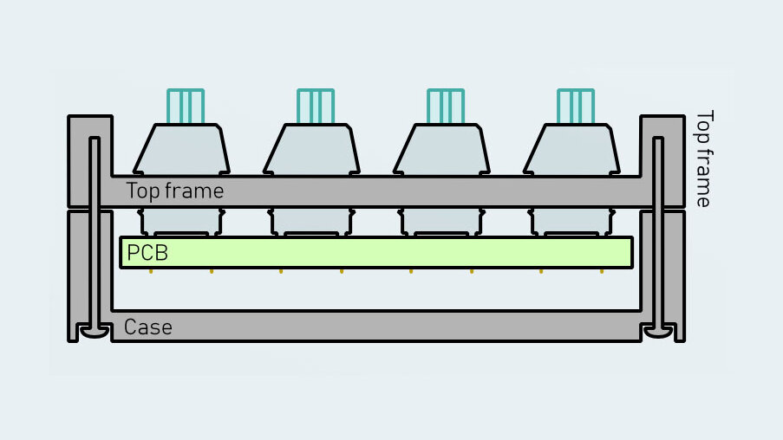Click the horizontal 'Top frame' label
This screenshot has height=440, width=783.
click(174, 191)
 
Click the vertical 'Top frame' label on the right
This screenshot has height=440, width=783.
click(704, 159)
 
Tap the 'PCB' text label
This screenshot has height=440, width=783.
click(147, 253)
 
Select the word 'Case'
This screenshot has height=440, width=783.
click(147, 327)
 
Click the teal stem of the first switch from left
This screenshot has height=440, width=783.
click(186, 106)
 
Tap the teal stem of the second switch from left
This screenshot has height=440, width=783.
click(316, 106)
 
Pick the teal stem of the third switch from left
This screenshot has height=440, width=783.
click(446, 106)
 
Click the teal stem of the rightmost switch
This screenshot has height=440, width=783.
click(576, 106)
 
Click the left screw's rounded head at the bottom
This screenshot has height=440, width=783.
click(94, 331)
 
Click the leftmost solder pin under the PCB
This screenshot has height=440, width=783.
click(151, 271)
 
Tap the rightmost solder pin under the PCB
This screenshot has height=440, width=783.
click(602, 271)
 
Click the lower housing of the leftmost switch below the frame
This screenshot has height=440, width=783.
click(181, 221)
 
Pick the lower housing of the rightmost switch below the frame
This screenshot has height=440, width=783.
click(571, 221)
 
